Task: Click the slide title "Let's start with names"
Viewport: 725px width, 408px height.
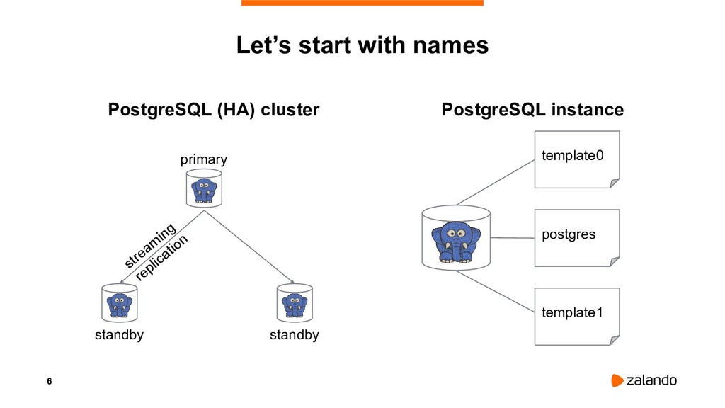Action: coord(362,46)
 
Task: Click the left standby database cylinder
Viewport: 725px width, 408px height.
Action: coord(119,304)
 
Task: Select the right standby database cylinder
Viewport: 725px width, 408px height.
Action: coord(294,304)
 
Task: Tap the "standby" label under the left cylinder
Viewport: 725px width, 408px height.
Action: coord(119,335)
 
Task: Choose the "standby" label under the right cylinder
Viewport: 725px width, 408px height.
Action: coord(294,335)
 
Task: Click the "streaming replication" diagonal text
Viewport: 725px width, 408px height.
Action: coord(156,252)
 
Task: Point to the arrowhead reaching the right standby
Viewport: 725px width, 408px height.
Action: coord(292,280)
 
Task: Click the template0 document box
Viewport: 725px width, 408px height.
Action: coord(576,159)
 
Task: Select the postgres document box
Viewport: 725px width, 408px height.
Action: coord(576,237)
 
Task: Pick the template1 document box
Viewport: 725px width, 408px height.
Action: coord(576,316)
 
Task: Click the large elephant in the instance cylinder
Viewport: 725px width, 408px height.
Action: coord(455,241)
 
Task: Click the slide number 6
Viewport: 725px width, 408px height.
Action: coord(49,382)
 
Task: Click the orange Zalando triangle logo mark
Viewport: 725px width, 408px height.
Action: coord(617,380)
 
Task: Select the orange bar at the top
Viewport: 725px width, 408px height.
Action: coord(362,3)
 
